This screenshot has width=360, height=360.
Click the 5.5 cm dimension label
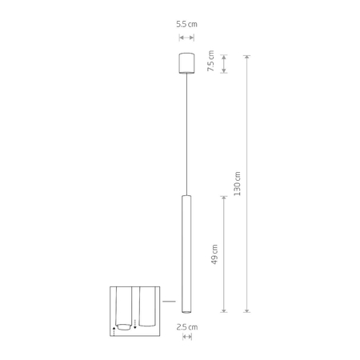[186, 25]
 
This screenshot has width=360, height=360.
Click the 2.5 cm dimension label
[187, 326]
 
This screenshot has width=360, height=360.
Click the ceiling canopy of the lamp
[186, 63]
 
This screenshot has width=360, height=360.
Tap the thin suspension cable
[186, 136]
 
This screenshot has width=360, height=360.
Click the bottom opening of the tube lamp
[186, 310]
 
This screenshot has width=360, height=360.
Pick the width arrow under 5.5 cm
[186, 37]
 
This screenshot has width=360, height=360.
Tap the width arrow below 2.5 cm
[187, 338]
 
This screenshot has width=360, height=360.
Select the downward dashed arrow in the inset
[136, 323]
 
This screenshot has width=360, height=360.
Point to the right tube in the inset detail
[146, 304]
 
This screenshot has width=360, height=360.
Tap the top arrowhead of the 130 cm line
[247, 56]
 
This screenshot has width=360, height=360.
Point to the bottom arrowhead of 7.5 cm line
[224, 72]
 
